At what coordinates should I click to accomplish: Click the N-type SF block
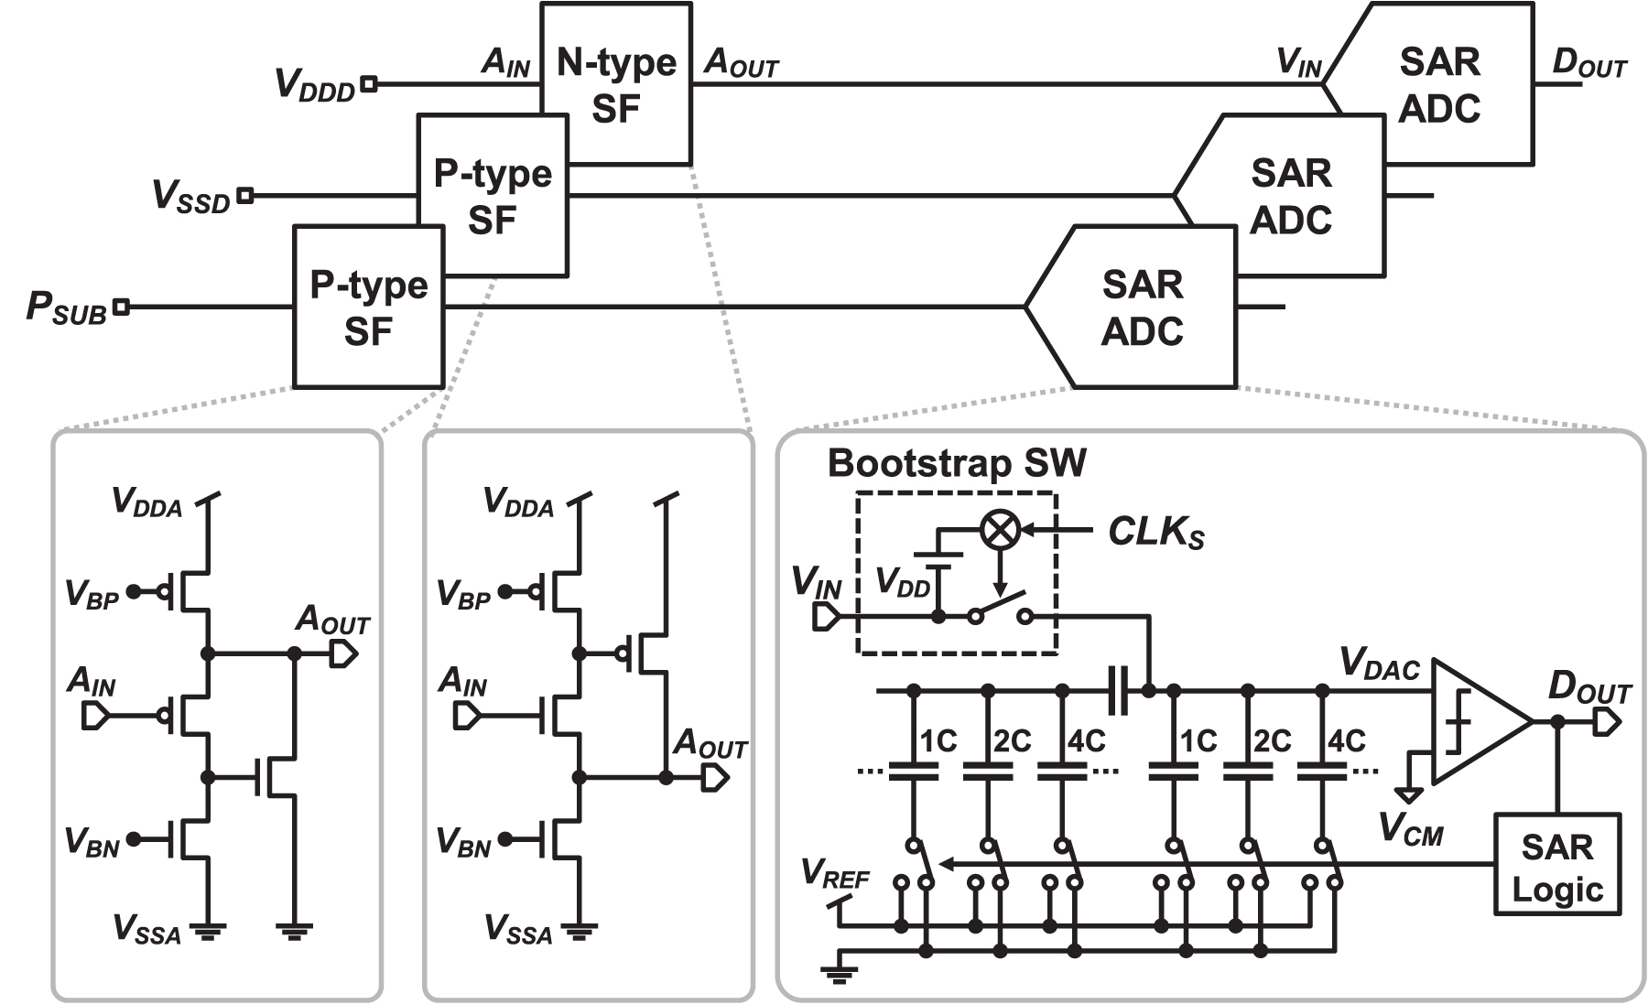pyautogui.click(x=615, y=84)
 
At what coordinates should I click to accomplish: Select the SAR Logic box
pyautogui.click(x=1556, y=866)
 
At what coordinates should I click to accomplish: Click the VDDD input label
pyautogui.click(x=315, y=85)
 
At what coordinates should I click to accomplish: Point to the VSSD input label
pyautogui.click(x=191, y=197)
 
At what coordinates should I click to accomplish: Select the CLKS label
pyautogui.click(x=1155, y=533)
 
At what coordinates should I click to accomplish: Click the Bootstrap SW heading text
pyautogui.click(x=957, y=463)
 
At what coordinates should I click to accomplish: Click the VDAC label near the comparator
pyautogui.click(x=1379, y=664)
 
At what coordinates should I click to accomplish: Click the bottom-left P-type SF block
pyautogui.click(x=368, y=308)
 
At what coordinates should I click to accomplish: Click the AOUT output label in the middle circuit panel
pyautogui.click(x=710, y=745)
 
